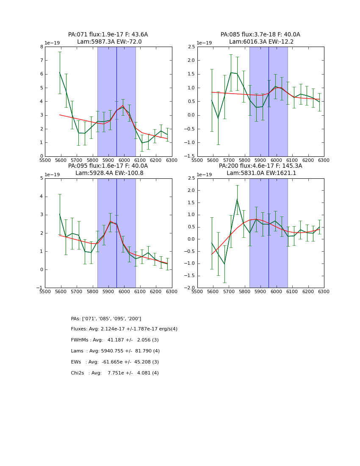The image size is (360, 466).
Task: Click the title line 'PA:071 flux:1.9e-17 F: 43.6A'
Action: (108, 35)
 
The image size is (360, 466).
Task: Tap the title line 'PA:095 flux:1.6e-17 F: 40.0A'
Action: (108, 166)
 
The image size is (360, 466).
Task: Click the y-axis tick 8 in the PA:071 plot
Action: (42, 47)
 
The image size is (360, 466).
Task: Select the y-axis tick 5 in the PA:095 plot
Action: (42, 178)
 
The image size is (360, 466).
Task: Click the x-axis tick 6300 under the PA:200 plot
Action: (324, 291)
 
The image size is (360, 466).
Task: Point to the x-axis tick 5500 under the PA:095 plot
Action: (45, 291)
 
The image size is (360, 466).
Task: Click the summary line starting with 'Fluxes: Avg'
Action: (124, 329)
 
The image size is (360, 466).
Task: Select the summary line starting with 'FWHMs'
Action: (115, 340)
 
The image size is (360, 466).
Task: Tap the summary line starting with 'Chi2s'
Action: (115, 373)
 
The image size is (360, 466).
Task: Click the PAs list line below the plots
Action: (106, 319)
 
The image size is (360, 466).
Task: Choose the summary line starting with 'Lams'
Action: (115, 351)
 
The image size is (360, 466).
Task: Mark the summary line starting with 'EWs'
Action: (115, 362)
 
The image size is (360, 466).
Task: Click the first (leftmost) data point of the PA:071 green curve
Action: (60, 72)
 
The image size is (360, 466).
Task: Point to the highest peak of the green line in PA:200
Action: (237, 200)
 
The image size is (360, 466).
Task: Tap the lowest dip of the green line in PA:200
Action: (224, 264)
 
